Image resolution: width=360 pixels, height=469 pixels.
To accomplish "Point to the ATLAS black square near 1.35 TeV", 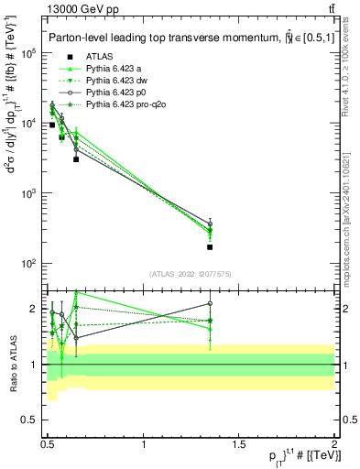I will coord(211,246).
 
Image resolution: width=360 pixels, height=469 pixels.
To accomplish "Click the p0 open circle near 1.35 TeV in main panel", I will coord(211,224).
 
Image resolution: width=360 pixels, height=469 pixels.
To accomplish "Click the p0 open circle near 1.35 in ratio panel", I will coord(211,303).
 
